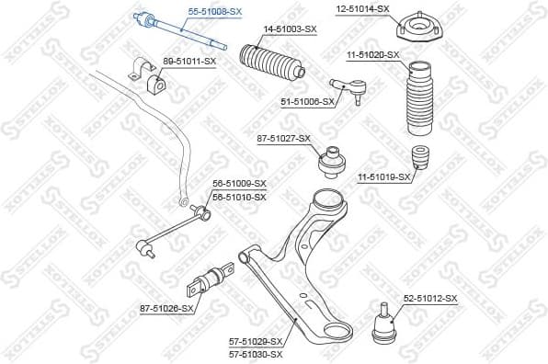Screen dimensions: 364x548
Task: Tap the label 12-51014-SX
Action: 361,9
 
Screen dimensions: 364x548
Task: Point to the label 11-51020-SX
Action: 371,54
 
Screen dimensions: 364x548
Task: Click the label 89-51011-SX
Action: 188,61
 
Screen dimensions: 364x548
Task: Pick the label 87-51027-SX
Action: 283,139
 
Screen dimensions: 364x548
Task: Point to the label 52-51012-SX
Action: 429,299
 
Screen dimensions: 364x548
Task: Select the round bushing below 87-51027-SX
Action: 331,165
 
